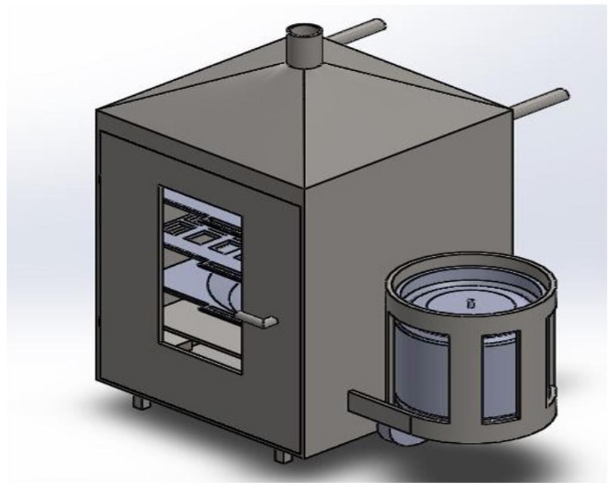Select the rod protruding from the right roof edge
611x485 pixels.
[x=541, y=102]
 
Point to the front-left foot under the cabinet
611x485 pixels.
[x=141, y=402]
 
